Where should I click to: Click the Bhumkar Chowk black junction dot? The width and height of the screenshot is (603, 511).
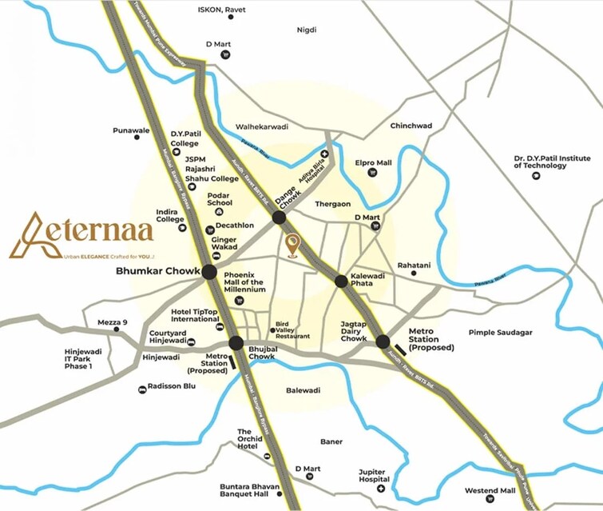tap(209, 272)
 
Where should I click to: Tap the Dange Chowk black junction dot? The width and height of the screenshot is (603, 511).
tap(279, 218)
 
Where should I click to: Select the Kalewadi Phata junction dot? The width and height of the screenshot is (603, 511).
tap(341, 281)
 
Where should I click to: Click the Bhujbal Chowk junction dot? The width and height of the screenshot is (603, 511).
tap(236, 343)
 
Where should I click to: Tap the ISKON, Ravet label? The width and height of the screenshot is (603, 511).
tap(221, 10)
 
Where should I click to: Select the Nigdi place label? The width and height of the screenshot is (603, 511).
tap(307, 30)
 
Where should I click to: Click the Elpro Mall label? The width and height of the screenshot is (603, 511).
tap(375, 163)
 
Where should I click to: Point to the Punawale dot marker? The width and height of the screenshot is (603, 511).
tap(137, 138)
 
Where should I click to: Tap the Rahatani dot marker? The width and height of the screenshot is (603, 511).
tap(414, 273)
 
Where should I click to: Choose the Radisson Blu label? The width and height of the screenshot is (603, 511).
tap(172, 385)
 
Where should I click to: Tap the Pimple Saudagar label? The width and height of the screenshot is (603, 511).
tap(501, 332)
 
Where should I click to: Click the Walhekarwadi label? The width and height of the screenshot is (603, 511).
tap(261, 126)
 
